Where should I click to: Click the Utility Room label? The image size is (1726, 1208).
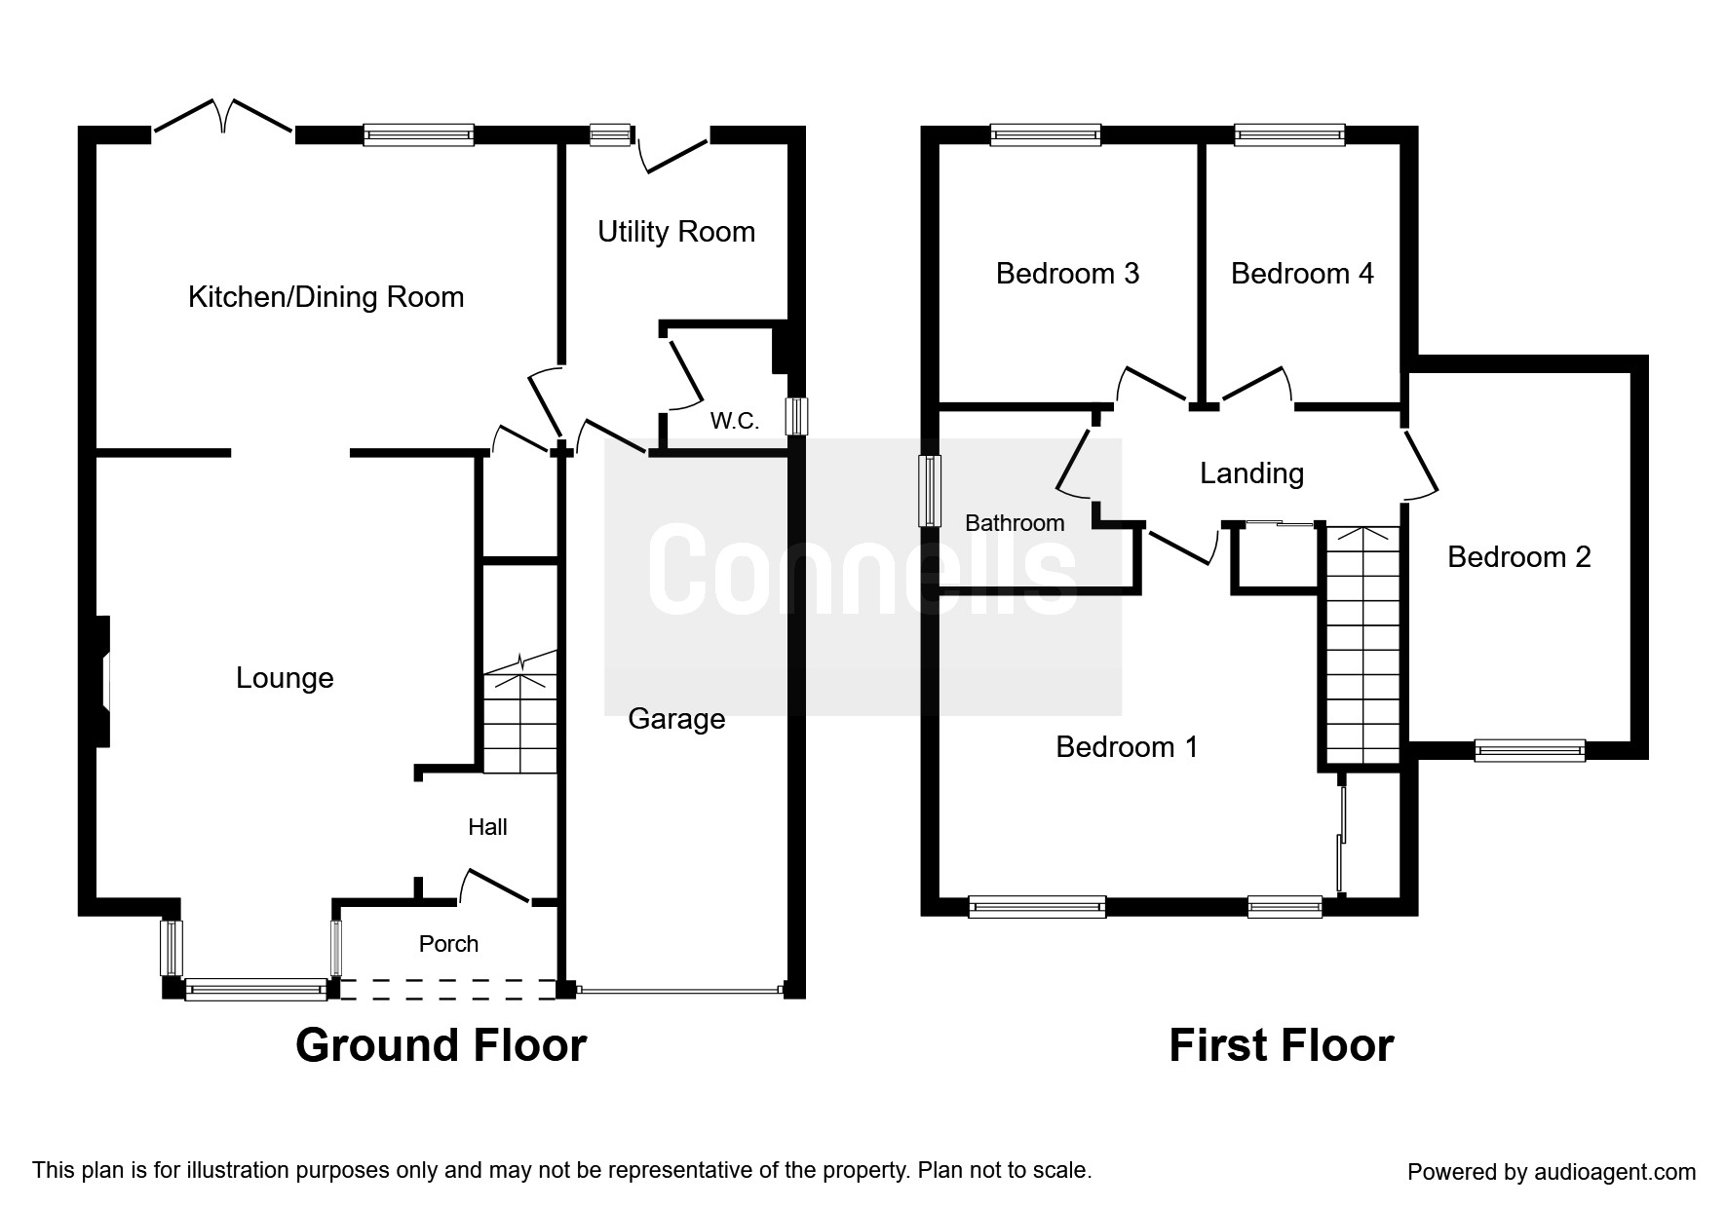point(676,232)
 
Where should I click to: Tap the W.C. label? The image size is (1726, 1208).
point(734,421)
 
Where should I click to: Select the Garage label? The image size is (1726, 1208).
point(676,719)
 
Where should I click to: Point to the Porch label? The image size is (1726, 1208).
point(448,944)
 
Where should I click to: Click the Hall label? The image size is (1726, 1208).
point(487,827)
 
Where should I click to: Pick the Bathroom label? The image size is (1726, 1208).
point(1015,523)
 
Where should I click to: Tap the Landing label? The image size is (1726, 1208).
point(1251,473)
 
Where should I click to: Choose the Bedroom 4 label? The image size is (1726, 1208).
point(1302,274)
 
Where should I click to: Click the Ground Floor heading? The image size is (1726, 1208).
point(441,1045)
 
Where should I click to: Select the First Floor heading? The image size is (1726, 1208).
point(1282,1045)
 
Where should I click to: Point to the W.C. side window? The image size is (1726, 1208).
point(796,416)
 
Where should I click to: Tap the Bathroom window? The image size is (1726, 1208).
point(932,491)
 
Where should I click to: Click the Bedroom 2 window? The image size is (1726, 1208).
point(1529,750)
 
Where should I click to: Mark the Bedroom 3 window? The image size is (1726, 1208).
point(1046,135)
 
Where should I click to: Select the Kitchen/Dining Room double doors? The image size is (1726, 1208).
point(223,117)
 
